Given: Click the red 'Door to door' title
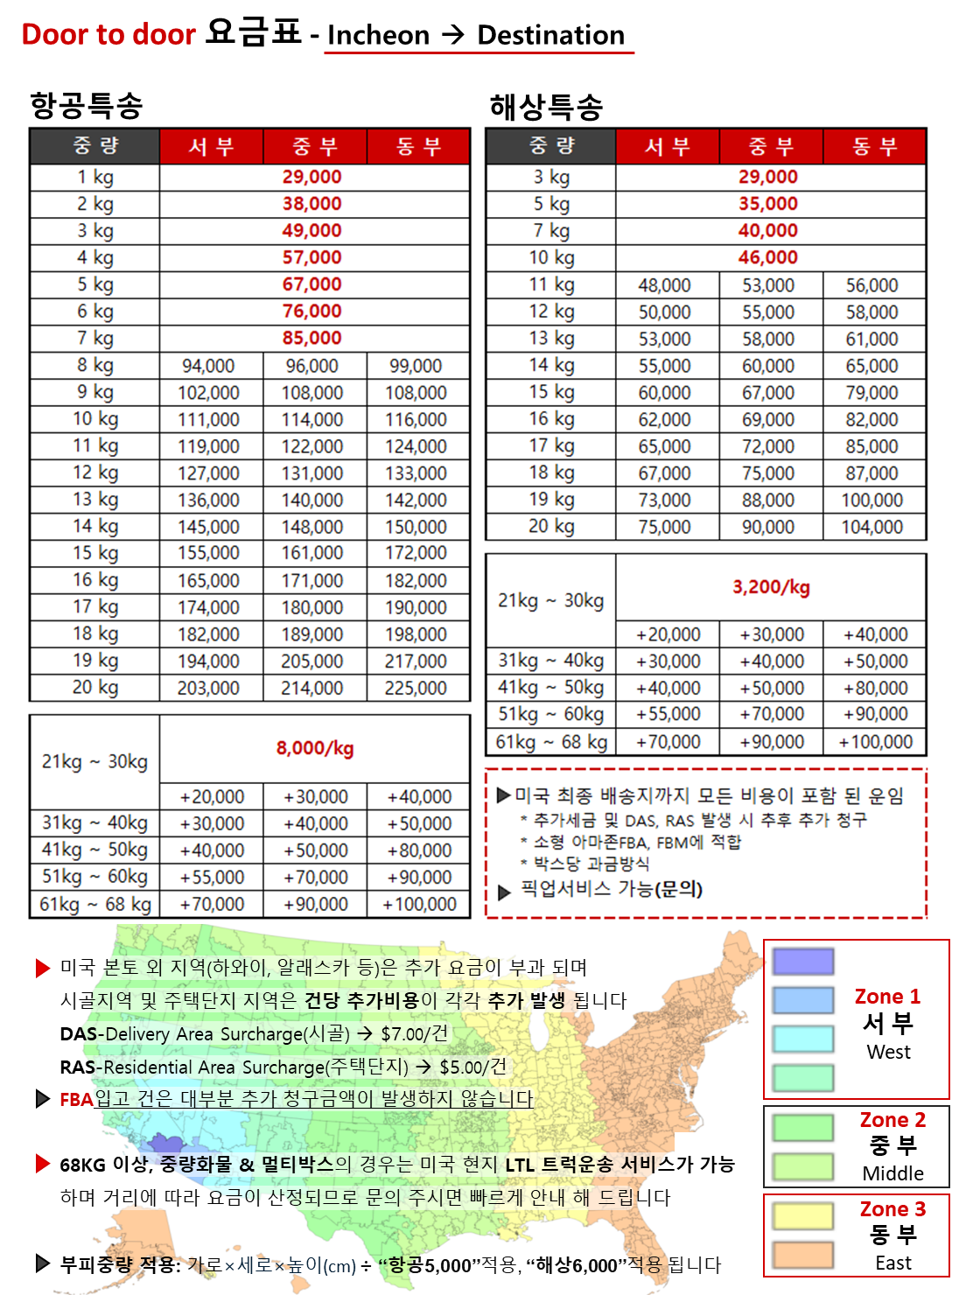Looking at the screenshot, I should pos(108,35).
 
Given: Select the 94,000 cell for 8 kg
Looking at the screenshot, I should pos(208,366).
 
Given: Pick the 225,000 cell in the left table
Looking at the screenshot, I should pos(416,689).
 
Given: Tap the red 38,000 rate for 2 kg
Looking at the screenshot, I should pos(311,204).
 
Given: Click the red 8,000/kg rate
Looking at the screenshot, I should pos(315,748).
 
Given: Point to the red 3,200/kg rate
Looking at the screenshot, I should pos(771,587).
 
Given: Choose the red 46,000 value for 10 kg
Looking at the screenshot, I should pos(768,257).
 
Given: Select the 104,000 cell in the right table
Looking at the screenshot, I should pos(872,527).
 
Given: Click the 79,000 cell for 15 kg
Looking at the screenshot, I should pos(872,393).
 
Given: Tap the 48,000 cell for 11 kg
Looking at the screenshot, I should pos(665,285).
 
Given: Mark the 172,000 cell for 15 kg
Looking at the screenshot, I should pos(416,553).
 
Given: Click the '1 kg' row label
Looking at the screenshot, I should pos(95,177).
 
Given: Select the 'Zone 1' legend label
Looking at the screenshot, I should pos(887,997).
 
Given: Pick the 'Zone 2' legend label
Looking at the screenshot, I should pos(892,1120).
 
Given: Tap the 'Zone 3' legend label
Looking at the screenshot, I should pos(892,1209).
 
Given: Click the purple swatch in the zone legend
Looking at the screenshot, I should pos(803,962).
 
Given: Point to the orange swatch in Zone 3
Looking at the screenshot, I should pos(803,1254).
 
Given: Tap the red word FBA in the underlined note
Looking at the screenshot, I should pos(76,1099).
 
